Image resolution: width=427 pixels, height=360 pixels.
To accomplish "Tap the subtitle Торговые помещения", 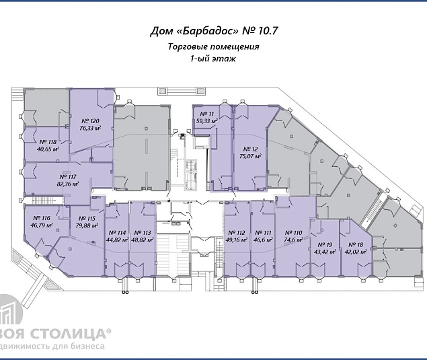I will [x=213, y=47].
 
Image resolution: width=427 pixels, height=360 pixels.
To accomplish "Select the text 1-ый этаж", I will [x=213, y=59].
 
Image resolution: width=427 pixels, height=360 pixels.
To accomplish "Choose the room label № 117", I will [x=68, y=176].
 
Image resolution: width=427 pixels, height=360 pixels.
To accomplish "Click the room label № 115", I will [x=87, y=218].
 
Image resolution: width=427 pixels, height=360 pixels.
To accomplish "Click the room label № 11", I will [x=204, y=114].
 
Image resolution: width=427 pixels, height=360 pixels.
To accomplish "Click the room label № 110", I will [x=293, y=232].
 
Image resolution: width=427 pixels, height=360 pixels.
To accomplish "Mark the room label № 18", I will [x=356, y=245].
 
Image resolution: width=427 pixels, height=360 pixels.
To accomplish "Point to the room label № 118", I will [x=48, y=142].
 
